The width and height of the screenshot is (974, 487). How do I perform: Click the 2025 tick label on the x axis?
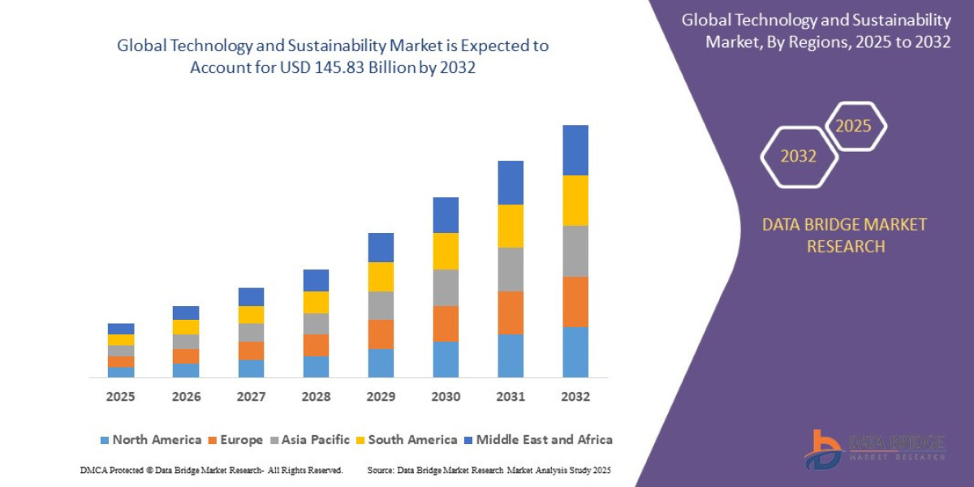pos(120,397)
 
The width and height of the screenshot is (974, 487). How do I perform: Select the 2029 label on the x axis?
pos(381,397)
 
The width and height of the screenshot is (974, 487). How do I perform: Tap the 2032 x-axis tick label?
pos(575,397)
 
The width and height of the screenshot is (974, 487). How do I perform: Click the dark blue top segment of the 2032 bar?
pos(575,150)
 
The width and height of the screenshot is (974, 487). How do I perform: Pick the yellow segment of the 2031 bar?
pos(511,226)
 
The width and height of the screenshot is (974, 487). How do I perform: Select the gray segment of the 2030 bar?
pos(446,287)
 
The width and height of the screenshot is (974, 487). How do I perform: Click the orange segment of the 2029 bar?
pos(381,334)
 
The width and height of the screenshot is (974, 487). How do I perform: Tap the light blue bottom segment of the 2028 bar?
pos(316,367)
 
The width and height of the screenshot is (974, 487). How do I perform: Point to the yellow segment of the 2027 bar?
pos(251,314)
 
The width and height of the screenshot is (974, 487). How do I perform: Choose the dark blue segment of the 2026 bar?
pos(186,312)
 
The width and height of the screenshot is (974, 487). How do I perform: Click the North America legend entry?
pos(150,440)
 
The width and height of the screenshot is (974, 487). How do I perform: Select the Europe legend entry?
pos(235,440)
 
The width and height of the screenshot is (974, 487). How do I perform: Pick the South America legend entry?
pos(406,440)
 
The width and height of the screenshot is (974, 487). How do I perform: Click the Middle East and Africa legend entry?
pos(537,440)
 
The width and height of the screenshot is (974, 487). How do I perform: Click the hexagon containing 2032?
pos(799,157)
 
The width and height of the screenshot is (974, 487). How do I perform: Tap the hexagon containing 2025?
pos(854,126)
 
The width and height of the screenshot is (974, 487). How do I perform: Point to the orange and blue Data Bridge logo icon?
pos(823,449)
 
